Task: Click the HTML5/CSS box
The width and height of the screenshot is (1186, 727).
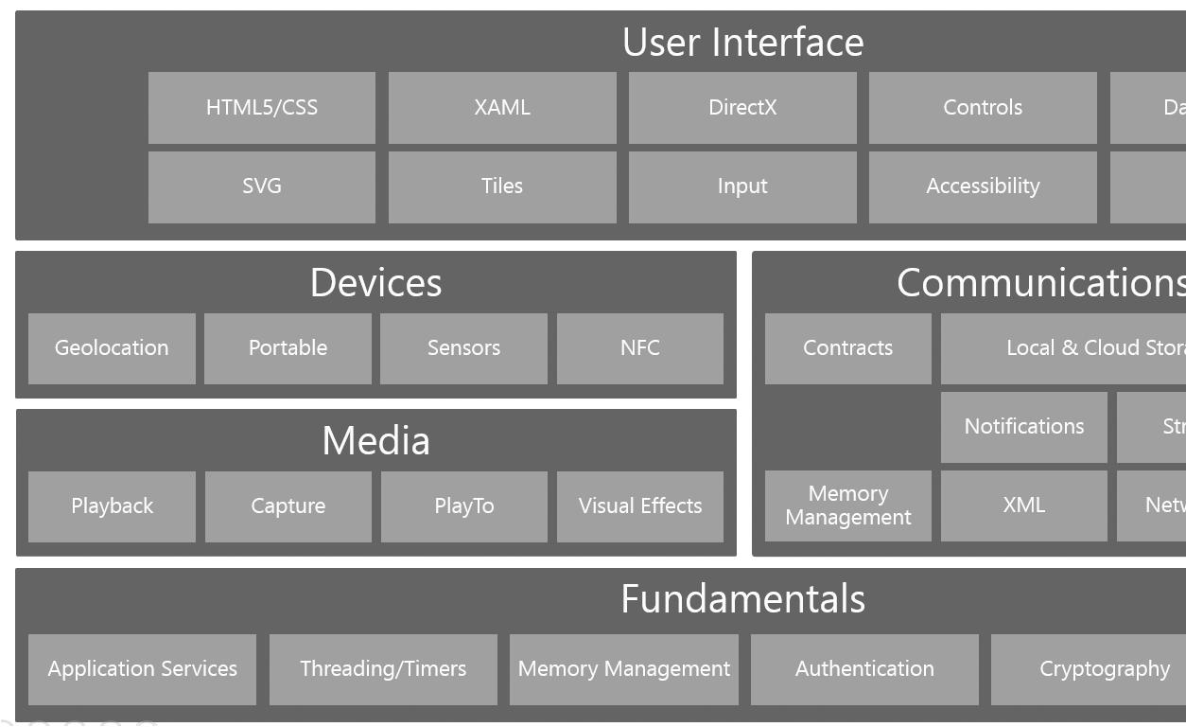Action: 262,108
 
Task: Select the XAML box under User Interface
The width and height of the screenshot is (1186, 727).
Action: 502,108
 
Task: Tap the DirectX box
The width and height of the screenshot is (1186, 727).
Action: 742,108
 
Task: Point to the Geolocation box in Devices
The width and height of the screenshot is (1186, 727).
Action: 112,348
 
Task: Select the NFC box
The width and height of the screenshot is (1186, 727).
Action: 640,348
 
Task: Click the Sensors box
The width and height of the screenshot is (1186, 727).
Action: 463,348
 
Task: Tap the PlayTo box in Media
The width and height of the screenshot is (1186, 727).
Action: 464,506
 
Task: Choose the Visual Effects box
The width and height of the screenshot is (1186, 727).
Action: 640,506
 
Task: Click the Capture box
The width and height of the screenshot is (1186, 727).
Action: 288,506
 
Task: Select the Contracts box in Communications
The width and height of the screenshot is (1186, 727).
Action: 848,348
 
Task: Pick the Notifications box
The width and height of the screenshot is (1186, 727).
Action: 1024,427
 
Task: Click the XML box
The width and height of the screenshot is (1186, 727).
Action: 1024,505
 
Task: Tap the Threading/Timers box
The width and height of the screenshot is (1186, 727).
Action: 383,669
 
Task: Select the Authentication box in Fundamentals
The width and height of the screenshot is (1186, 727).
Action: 864,669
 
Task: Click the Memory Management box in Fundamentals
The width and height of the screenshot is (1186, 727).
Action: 624,669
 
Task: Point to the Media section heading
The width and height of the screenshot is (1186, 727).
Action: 376,441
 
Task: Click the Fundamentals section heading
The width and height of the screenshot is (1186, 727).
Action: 743,599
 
